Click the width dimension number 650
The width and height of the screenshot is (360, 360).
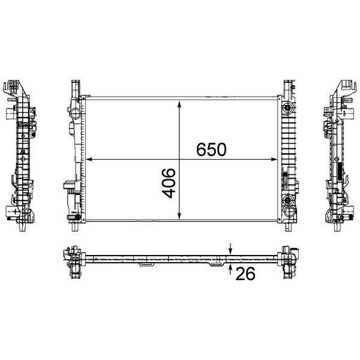point(211,149)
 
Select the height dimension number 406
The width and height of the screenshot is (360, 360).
point(169,183)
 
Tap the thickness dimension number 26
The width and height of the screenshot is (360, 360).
point(245,274)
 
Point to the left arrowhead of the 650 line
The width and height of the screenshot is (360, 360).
point(89,160)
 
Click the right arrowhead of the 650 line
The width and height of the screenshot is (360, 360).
point(274,160)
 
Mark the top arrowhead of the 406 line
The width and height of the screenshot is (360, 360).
point(179,104)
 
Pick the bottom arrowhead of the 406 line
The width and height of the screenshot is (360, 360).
point(179,215)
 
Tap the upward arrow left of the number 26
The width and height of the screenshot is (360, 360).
point(230,269)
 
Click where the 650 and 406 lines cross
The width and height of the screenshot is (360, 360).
point(179,160)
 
